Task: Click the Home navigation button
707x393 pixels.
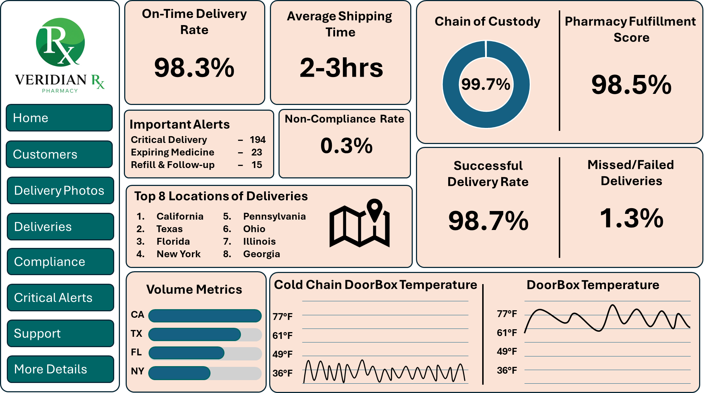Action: [59, 118]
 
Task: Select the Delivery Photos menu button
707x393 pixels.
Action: [60, 191]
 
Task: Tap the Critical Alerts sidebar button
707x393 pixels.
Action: [60, 298]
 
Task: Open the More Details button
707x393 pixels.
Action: [60, 369]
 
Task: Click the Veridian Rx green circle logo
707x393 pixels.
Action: [60, 42]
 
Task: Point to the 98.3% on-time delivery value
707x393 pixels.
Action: [194, 68]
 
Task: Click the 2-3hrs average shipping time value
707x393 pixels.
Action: [341, 68]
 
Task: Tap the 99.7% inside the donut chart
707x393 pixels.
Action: [486, 85]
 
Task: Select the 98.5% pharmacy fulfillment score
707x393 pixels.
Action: [631, 85]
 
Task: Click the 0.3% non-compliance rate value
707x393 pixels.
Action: [346, 145]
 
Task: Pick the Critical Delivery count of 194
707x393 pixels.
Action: [258, 140]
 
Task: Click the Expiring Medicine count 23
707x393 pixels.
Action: [257, 152]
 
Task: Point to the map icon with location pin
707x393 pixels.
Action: [360, 224]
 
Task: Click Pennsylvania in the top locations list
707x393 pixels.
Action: [275, 216]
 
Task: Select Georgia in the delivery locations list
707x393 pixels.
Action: [262, 254]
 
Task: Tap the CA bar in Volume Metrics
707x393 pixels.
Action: [205, 316]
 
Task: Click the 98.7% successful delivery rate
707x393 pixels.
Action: [488, 221]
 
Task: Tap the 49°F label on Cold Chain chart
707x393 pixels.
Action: [282, 354]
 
